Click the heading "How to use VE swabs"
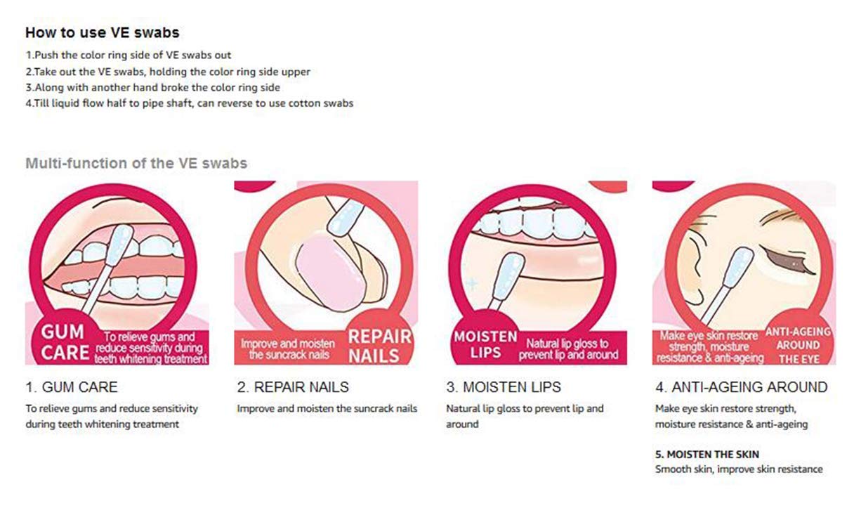pos(102,32)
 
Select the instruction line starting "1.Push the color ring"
pos(128,56)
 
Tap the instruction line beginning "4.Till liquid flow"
pos(190,103)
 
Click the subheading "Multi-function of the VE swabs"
pos(136,163)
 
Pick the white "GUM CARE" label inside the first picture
pos(65,342)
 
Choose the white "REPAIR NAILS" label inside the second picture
pos(379,346)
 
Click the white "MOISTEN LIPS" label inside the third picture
pos(485,344)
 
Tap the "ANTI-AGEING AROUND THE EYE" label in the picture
pos(799,345)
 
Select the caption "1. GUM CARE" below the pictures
pos(72,387)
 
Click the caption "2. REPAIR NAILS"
pos(293,387)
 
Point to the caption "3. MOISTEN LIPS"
pos(504,387)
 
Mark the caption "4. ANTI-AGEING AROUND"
pos(742,387)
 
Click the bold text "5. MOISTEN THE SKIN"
pos(707,454)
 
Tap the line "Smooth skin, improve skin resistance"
pos(739,469)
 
